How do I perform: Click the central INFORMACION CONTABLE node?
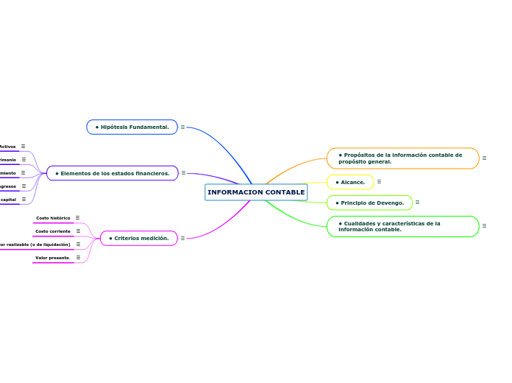tap(256, 192)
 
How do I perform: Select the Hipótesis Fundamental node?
tap(132, 127)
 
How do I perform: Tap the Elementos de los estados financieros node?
tap(113, 174)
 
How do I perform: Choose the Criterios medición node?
tap(139, 239)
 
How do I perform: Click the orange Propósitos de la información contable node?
tap(402, 158)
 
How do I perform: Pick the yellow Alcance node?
tap(351, 182)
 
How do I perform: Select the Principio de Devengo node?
tap(370, 203)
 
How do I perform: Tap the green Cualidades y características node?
tap(402, 226)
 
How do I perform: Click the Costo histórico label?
tap(54, 218)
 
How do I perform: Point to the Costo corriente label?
tap(53, 231)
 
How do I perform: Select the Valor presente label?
tap(53, 258)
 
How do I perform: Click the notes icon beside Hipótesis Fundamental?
tap(182, 127)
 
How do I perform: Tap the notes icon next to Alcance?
tap(379, 182)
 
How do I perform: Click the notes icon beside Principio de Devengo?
tap(417, 203)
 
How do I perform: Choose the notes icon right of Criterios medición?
tap(182, 239)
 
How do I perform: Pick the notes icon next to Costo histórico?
tap(77, 218)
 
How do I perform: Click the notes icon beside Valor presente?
tap(78, 258)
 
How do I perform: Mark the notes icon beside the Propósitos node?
tap(484, 158)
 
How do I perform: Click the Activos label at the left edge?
tap(8, 147)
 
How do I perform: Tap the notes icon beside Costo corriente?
tap(78, 231)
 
